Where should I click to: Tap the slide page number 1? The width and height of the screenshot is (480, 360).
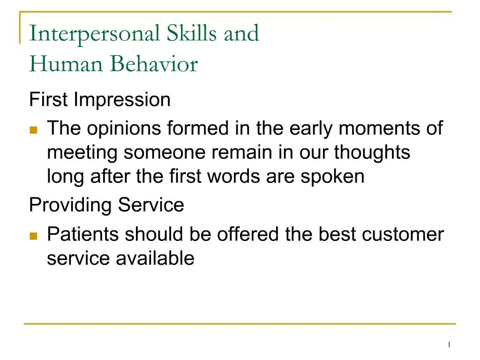click(449, 345)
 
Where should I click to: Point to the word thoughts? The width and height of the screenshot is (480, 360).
click(372, 153)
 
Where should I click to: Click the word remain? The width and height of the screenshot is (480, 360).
click(241, 153)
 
